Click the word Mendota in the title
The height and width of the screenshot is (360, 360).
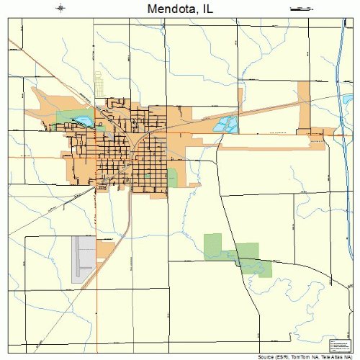pos(170,9)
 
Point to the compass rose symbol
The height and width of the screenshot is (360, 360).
pos(60,9)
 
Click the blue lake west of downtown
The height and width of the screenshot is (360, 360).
pos(81,121)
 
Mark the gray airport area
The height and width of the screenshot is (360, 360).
pos(84,258)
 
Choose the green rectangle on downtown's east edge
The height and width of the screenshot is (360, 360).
pos(172,177)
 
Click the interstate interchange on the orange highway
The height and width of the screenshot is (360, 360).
pos(338,134)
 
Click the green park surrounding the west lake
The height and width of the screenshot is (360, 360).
pos(68,116)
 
